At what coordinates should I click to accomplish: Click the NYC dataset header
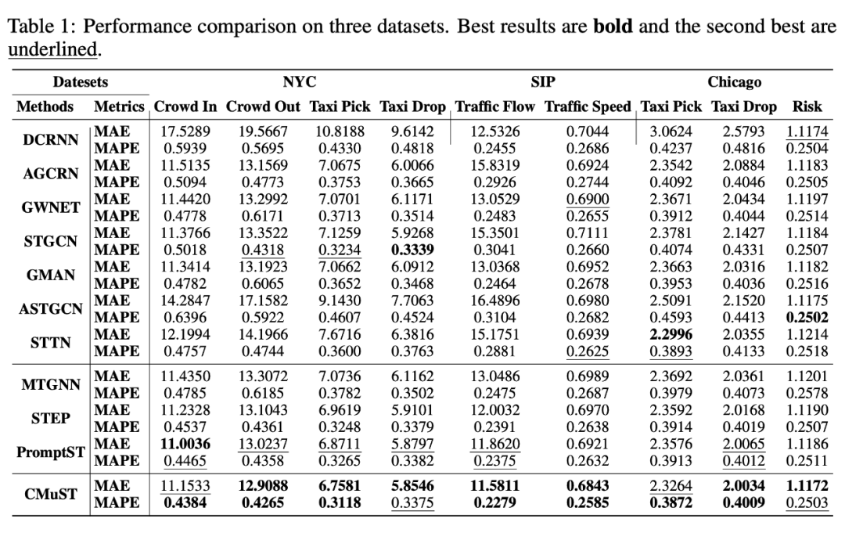click(300, 82)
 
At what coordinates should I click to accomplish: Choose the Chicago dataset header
click(734, 82)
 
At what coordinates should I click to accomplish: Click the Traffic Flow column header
click(495, 106)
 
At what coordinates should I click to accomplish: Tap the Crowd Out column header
click(264, 106)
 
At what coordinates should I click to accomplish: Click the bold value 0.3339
click(412, 250)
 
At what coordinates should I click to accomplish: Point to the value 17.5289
click(185, 132)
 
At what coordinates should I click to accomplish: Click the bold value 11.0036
click(185, 445)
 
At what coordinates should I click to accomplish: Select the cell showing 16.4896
click(495, 301)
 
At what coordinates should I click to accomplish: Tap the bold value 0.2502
click(808, 316)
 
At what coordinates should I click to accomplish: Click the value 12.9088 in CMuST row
click(263, 486)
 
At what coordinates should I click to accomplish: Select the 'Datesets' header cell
click(81, 82)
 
